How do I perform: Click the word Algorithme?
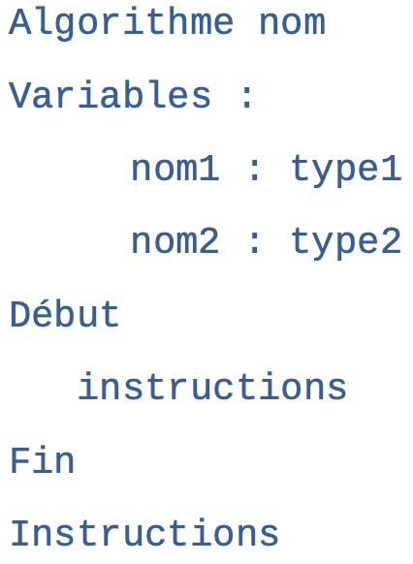(121, 23)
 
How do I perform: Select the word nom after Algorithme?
(292, 24)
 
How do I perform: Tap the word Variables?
(110, 94)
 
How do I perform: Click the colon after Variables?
(247, 98)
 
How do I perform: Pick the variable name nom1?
(175, 169)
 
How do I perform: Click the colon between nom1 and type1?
(254, 171)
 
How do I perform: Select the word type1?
(346, 171)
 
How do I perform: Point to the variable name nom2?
(175, 241)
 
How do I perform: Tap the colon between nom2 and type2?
(254, 243)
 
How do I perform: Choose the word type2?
(346, 243)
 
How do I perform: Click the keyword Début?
(64, 314)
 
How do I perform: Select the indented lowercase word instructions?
(212, 386)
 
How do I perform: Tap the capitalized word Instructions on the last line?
(144, 533)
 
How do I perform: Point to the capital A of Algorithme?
(20, 21)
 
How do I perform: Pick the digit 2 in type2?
(392, 240)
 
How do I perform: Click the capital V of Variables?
(20, 94)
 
